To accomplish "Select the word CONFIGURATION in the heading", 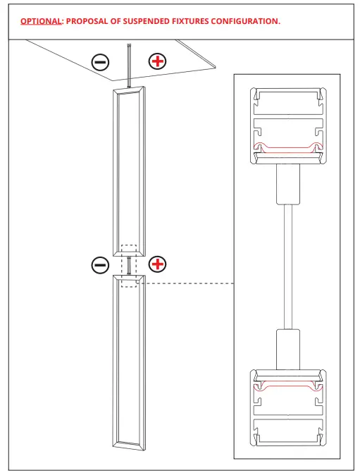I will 244,21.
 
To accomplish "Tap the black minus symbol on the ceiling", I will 101,62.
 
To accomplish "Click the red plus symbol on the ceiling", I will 158,61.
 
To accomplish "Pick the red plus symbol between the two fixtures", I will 159,264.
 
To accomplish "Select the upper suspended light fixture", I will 130,169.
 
